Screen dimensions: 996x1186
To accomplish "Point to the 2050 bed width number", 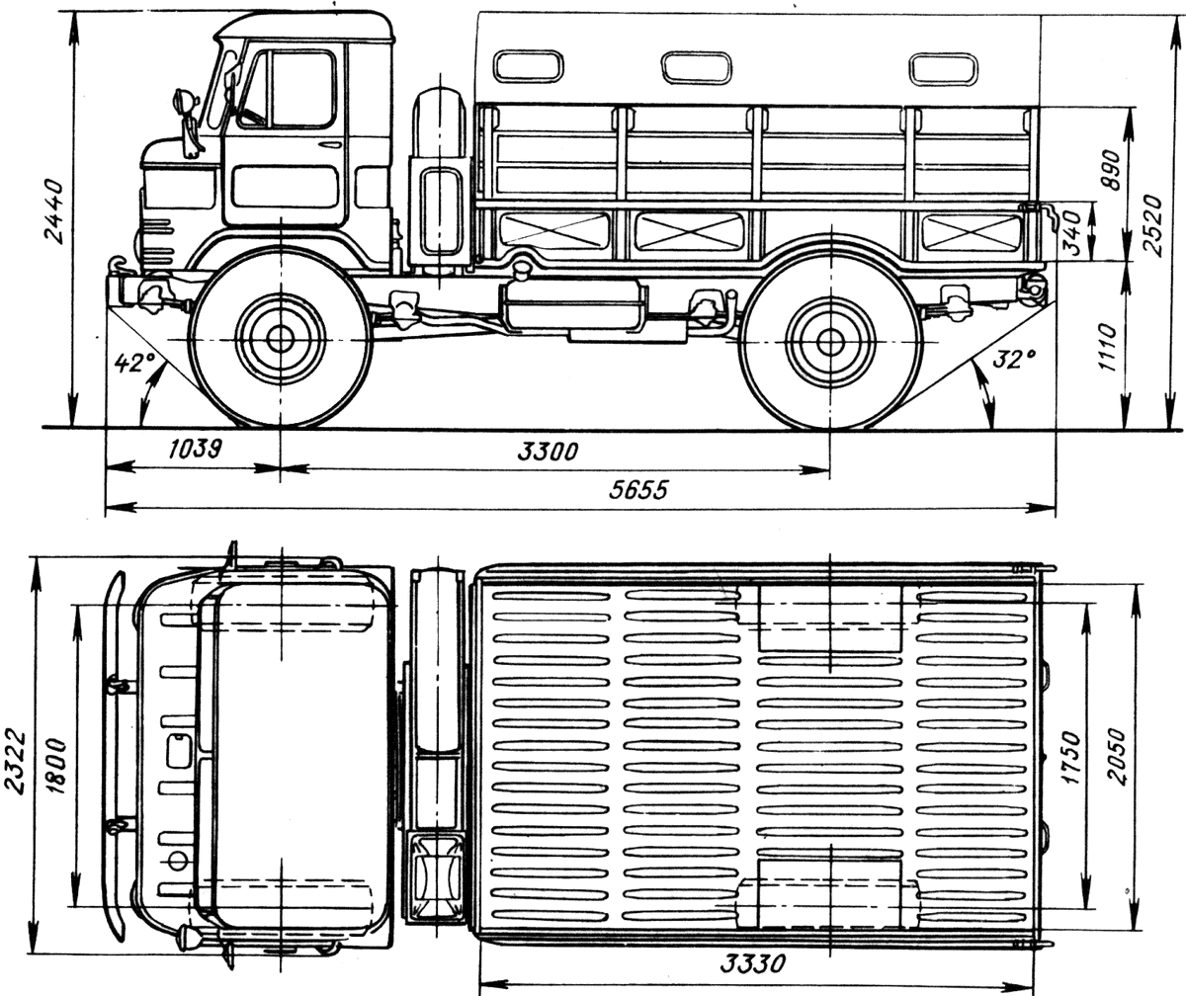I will tap(1117, 757).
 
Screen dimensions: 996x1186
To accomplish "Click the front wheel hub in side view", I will tap(281, 339).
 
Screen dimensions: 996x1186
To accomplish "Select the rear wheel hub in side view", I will tap(829, 341).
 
